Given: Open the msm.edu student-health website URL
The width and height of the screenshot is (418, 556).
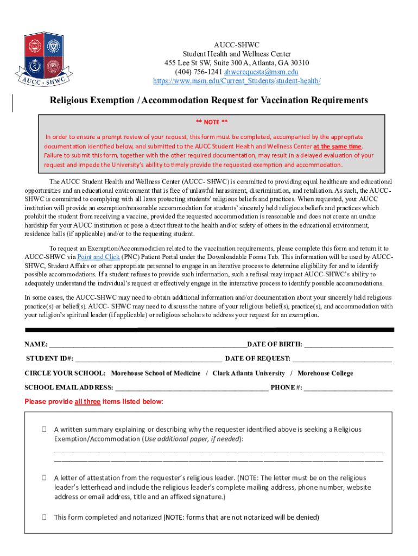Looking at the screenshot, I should (x=236, y=81).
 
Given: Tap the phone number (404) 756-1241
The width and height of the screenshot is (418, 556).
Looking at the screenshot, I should (x=198, y=72).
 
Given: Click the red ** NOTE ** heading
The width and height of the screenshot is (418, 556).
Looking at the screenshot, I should (x=211, y=122).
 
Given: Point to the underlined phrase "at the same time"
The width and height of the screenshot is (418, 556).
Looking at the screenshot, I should (x=337, y=147).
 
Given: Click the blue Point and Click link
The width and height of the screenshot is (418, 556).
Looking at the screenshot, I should (x=98, y=256).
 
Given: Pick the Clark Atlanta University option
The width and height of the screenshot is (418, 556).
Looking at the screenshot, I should (x=249, y=373).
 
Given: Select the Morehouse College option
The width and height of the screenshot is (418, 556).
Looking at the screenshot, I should (x=325, y=373).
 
